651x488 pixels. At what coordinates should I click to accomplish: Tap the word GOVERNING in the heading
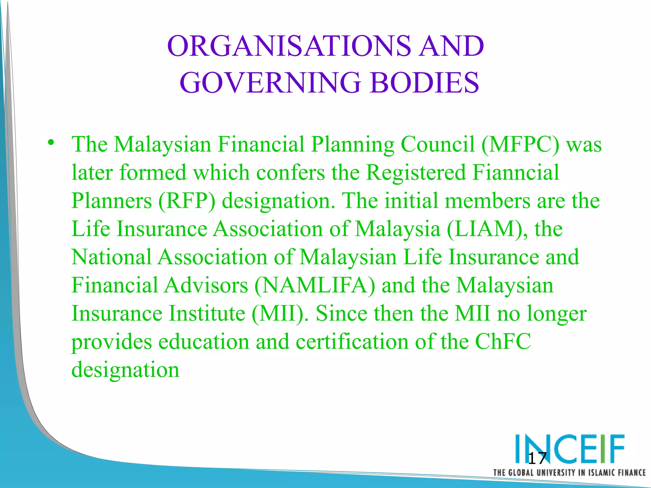270,83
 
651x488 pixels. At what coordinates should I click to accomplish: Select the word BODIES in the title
424,83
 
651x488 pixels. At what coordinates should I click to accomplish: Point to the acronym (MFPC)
520,145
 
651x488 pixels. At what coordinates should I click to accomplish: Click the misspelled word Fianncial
516,173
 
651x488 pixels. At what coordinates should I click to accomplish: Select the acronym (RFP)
187,201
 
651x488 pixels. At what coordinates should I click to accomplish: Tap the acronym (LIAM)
487,229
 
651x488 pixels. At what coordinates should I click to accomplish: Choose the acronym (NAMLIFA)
315,285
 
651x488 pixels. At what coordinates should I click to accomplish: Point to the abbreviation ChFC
503,342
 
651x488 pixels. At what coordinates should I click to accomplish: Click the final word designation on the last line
126,370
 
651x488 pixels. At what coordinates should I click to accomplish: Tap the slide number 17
537,458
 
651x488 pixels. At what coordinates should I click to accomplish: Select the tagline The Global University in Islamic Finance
569,472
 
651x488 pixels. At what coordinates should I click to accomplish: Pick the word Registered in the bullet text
416,173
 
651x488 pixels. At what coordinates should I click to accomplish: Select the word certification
352,342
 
